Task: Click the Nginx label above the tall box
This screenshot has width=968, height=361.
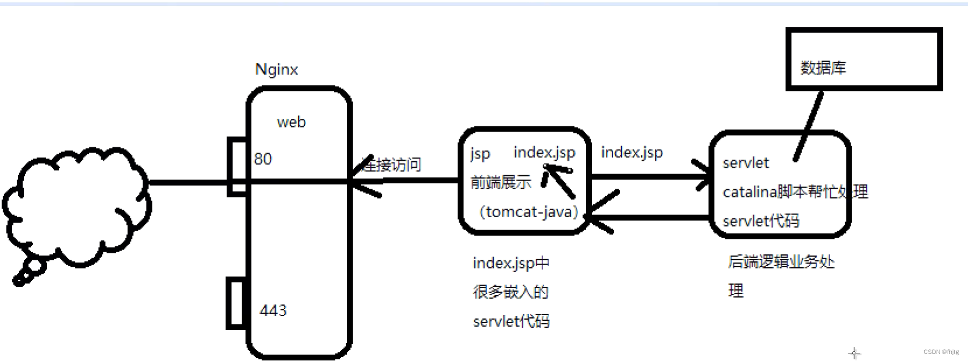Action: (276, 70)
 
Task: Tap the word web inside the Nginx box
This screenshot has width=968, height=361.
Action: (291, 122)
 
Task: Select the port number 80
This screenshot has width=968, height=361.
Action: (263, 159)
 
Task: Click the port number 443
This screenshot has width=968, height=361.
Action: (273, 310)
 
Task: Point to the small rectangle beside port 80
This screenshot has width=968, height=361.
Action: (237, 166)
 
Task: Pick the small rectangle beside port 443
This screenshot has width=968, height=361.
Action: (236, 304)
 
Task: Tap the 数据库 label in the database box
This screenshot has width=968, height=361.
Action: (823, 68)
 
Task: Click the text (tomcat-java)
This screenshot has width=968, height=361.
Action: (529, 211)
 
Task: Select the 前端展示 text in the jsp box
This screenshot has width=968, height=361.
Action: (501, 182)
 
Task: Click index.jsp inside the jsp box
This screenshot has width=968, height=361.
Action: (544, 153)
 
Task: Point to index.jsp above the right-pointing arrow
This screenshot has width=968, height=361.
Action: (632, 153)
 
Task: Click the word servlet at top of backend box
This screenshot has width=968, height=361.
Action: (746, 163)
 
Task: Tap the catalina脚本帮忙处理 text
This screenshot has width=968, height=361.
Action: (795, 192)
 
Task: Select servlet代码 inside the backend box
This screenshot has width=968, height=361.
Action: (761, 221)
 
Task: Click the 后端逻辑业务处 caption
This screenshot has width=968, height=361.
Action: (781, 262)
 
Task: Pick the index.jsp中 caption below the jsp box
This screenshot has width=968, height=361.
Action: (511, 263)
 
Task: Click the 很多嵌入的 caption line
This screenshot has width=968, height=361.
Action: (510, 292)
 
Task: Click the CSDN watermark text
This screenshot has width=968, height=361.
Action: (941, 352)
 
